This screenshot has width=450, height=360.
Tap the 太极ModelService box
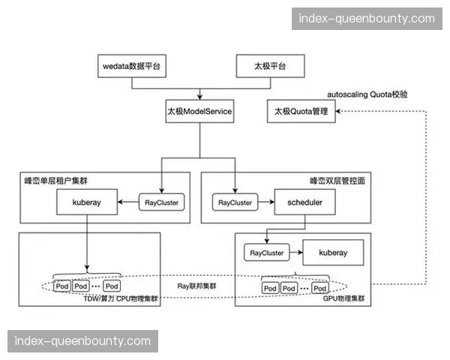199,112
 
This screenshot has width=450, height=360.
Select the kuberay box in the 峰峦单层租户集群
88,202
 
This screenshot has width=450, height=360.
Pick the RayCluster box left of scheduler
235,202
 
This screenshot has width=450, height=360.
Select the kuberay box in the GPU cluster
332,253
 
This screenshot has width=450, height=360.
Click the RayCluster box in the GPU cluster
266,253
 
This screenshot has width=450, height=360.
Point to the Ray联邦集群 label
196,286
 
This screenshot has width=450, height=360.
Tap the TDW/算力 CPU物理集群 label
121,298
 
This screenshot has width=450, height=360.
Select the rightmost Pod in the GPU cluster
320,288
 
